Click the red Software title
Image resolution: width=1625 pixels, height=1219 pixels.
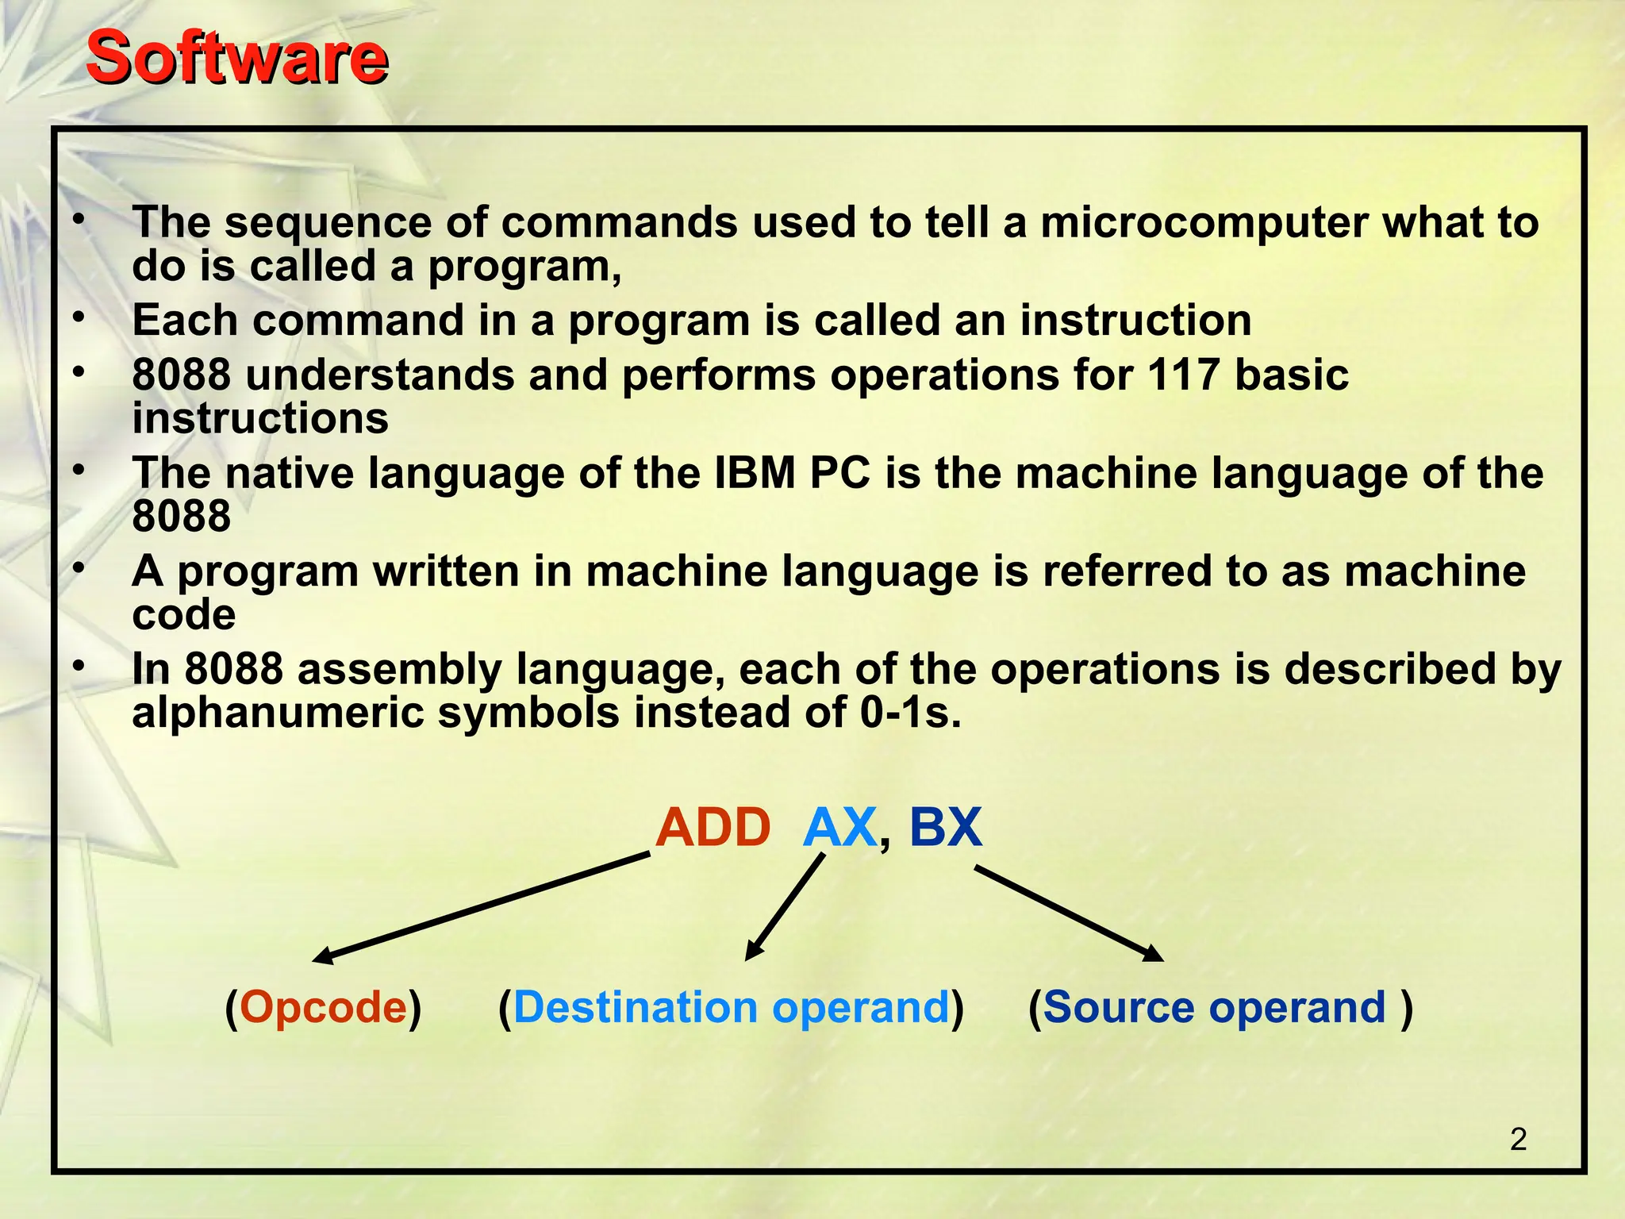coord(236,57)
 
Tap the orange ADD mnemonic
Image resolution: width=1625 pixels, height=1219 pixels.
coord(713,828)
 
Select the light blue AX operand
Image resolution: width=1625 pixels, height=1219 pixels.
coord(839,828)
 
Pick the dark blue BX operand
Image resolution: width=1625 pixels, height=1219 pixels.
coord(945,828)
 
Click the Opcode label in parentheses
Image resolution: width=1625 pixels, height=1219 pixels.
coord(323,1007)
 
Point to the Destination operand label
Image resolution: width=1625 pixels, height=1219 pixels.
coord(731,1007)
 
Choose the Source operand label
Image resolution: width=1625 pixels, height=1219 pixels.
coord(1215,1007)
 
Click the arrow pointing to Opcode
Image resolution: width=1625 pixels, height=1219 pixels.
coord(482,906)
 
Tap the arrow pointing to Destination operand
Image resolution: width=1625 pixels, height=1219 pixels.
coord(785,907)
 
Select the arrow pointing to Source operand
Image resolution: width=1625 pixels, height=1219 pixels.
coord(1068,913)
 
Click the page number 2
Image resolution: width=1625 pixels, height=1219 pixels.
coord(1518,1140)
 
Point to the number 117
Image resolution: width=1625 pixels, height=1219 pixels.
coord(1183,375)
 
